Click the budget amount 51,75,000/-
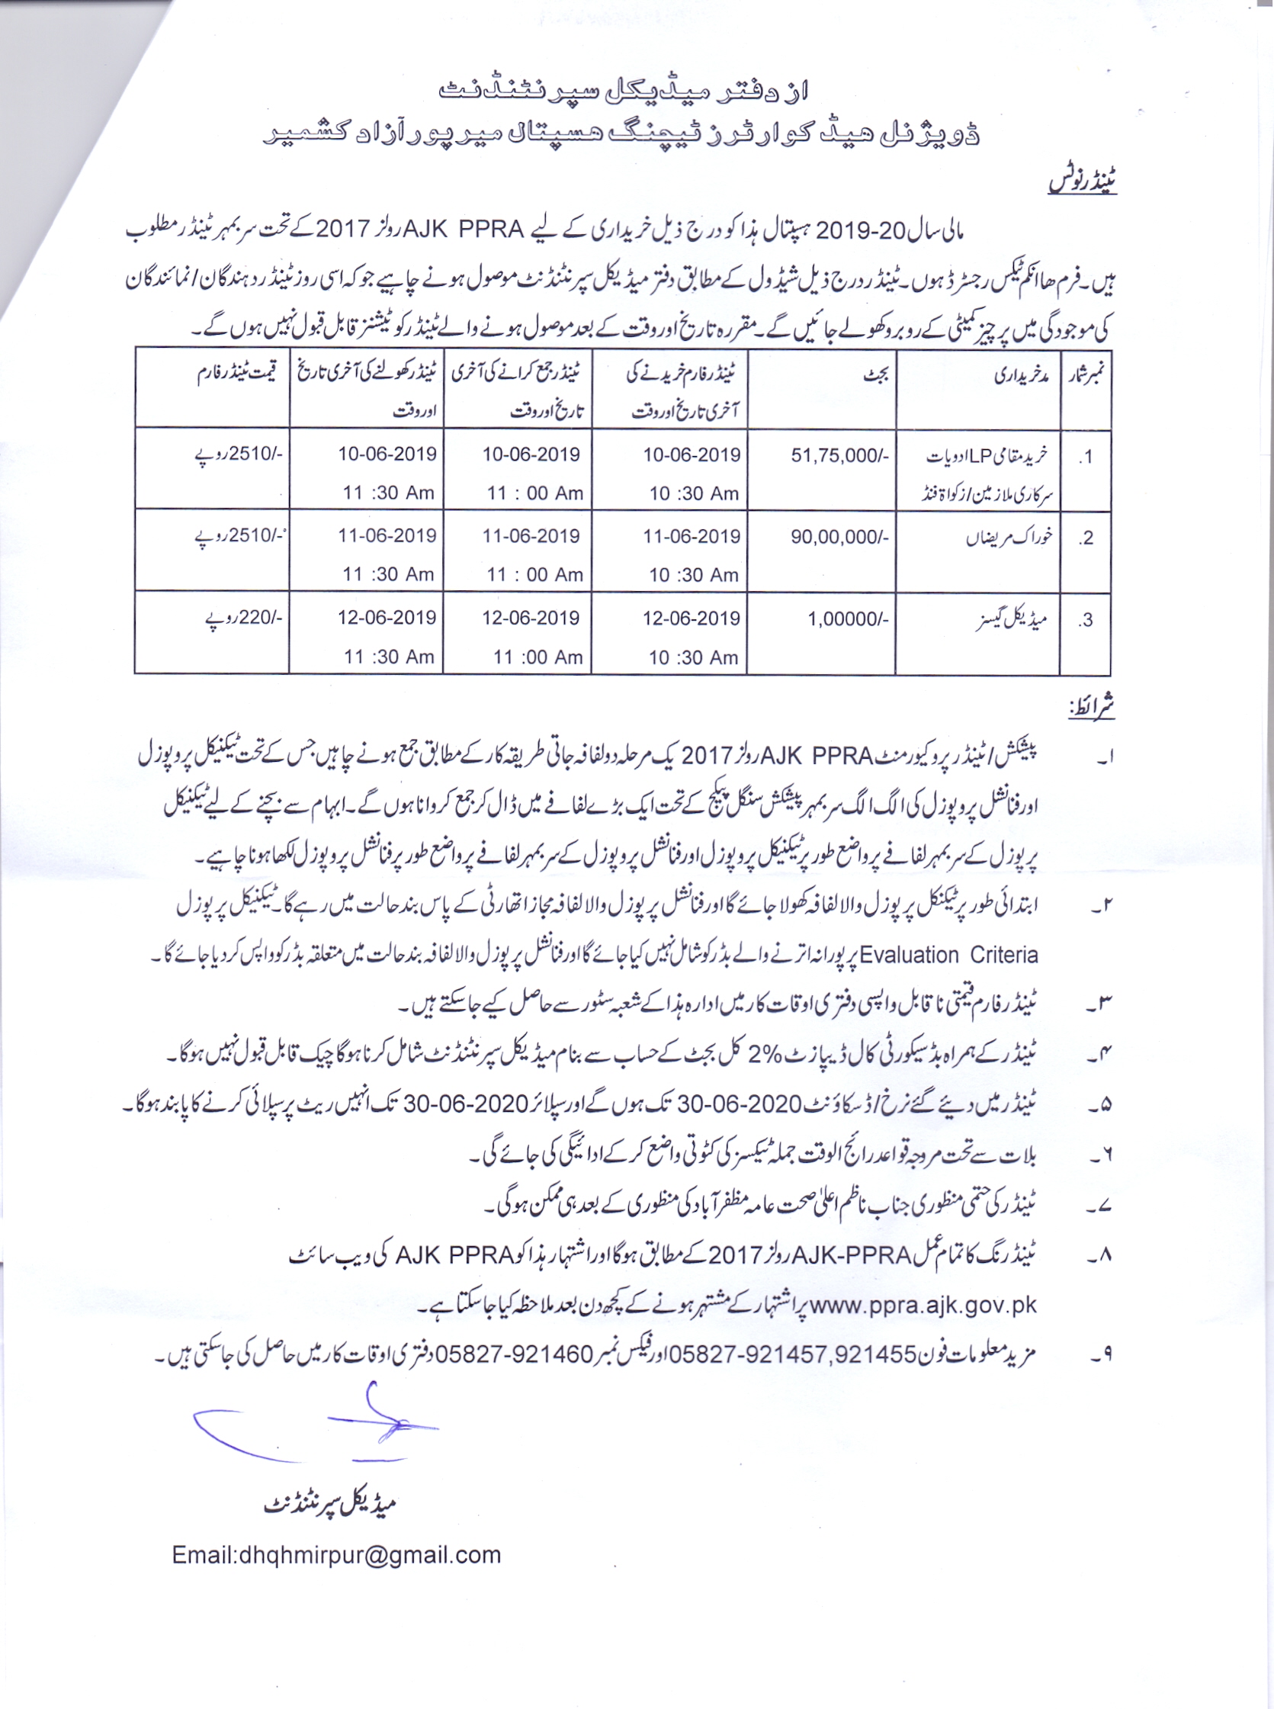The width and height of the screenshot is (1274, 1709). tap(840, 456)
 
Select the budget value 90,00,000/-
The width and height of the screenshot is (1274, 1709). tap(839, 537)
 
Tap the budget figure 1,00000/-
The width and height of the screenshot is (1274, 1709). tap(848, 618)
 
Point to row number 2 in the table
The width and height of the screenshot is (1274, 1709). tap(1086, 538)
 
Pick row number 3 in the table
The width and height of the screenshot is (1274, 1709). tap(1086, 620)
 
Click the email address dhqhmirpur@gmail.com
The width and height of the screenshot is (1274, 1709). tap(336, 1554)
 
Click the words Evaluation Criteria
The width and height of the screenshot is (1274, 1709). tap(948, 955)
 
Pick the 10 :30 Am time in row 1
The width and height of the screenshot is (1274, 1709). tap(693, 493)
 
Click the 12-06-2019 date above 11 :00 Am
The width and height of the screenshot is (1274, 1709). tap(531, 618)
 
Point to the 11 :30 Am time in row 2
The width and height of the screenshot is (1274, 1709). tap(388, 574)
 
